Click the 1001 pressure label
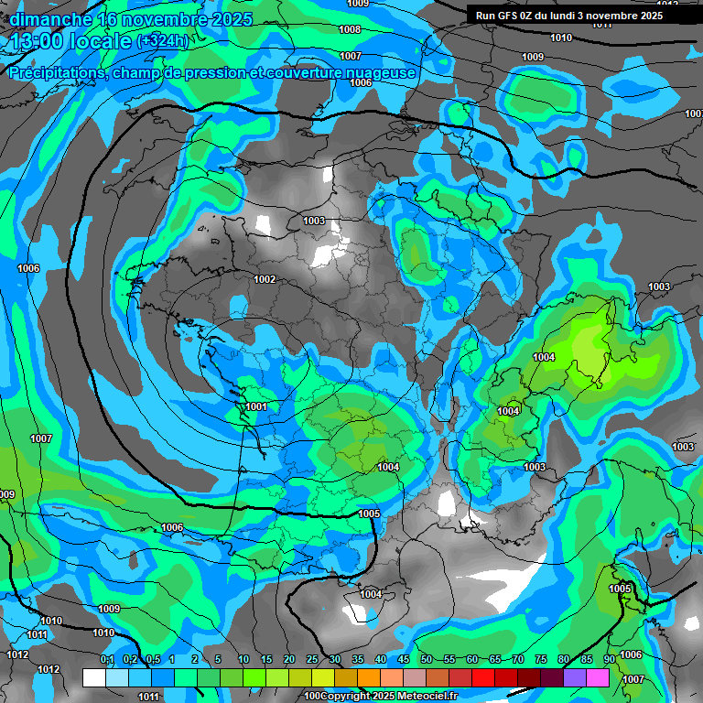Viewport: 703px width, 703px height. pos(256,406)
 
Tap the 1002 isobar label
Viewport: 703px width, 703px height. pos(265,279)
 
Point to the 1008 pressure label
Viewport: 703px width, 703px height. pos(349,29)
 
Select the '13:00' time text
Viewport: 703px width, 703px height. pos(35,42)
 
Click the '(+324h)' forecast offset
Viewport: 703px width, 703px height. pos(162,41)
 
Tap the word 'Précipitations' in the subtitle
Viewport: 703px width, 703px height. pos(56,73)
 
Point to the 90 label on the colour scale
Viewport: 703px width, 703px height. pos(609,660)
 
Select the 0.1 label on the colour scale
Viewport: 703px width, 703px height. pos(107,660)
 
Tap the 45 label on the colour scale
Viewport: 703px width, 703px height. pos(404,660)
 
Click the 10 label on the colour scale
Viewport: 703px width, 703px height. pos(243,660)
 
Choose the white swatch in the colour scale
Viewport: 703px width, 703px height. pos(93,677)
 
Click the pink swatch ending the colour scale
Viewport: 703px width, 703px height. pos(598,677)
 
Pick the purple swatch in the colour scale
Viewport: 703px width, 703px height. pos(575,677)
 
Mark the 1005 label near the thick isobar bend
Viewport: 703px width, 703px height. pos(369,514)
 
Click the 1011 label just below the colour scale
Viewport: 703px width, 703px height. pos(148,697)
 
